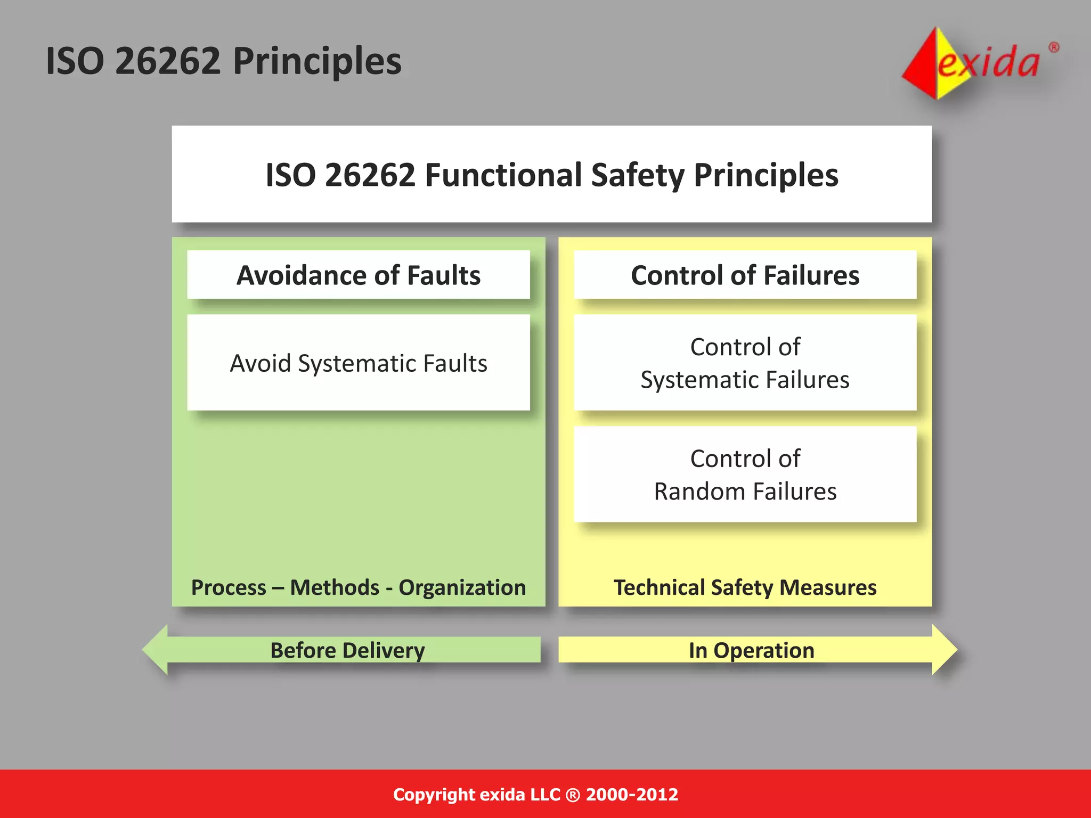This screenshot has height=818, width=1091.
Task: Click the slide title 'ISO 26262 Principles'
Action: pyautogui.click(x=224, y=61)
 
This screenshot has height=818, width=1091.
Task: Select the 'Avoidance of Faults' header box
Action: pyautogui.click(x=359, y=275)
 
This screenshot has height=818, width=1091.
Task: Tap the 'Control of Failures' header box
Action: pyautogui.click(x=745, y=275)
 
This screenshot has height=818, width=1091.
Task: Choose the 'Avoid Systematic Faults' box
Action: pyautogui.click(x=359, y=363)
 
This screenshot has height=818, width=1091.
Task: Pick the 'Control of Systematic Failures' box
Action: pyautogui.click(x=745, y=363)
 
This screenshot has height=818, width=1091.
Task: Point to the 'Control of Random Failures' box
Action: pyautogui.click(x=745, y=475)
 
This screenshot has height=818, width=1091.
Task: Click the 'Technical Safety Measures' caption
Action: pyautogui.click(x=745, y=587)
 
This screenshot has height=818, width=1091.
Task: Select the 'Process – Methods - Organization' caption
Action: pyautogui.click(x=359, y=587)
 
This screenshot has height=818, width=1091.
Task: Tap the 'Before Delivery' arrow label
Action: pyautogui.click(x=347, y=650)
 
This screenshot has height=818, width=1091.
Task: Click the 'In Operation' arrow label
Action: pyautogui.click(x=751, y=650)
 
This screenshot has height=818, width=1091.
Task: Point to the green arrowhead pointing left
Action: pyautogui.click(x=156, y=650)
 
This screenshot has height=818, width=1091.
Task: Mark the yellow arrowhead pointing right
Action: pyautogui.click(x=944, y=650)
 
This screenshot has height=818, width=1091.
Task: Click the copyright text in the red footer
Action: pyautogui.click(x=535, y=794)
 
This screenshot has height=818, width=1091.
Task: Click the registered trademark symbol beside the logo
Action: pyautogui.click(x=1054, y=48)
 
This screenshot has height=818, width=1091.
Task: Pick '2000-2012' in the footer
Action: pyautogui.click(x=632, y=794)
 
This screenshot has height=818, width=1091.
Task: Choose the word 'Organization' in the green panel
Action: pyautogui.click(x=462, y=587)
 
